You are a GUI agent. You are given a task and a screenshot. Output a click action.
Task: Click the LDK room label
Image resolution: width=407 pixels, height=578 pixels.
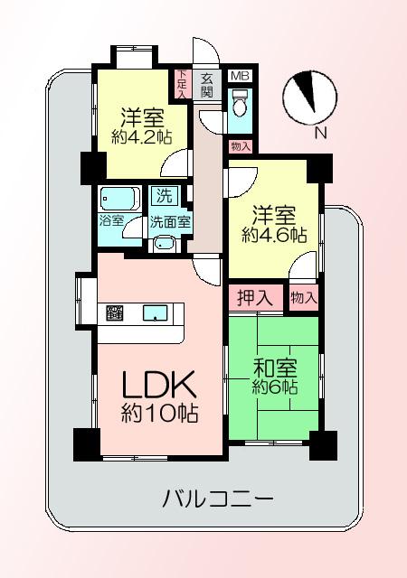pyautogui.click(x=160, y=386)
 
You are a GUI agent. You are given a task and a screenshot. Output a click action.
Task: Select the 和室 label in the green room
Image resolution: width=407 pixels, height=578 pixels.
pyautogui.click(x=274, y=368)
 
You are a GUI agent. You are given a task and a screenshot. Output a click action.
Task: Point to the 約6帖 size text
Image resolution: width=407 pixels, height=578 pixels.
pyautogui.click(x=274, y=387)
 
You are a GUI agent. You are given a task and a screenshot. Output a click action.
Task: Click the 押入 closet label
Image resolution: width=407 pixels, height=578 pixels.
pyautogui.click(x=255, y=297)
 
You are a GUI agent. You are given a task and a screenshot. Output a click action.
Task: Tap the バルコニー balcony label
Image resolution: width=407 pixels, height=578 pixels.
pyautogui.click(x=218, y=498)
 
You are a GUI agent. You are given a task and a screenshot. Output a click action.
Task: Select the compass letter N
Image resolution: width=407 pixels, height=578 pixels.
pyautogui.click(x=320, y=133)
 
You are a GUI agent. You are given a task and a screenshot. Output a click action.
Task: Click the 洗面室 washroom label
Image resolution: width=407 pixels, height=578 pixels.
pyautogui.click(x=169, y=220)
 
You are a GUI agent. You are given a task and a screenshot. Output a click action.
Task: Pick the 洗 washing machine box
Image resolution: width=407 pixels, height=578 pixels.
pyautogui.click(x=163, y=195)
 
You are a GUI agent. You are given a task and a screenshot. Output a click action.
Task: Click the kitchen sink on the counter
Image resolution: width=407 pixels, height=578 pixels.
pyautogui.click(x=156, y=314)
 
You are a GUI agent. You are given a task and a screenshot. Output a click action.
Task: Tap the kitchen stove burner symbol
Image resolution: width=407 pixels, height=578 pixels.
pyautogui.click(x=115, y=314)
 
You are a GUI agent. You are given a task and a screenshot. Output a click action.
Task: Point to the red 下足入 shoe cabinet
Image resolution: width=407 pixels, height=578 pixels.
pyautogui.click(x=182, y=83)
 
